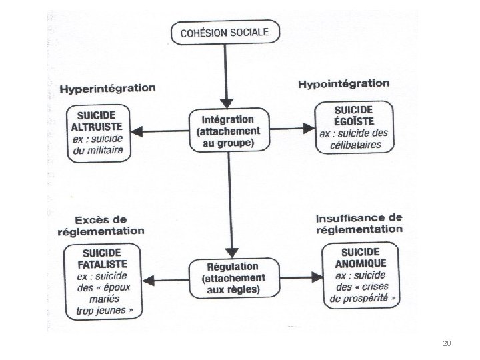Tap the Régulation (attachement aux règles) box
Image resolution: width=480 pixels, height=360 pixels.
pos(228,276)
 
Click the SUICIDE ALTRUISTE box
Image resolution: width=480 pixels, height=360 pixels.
pos(98,133)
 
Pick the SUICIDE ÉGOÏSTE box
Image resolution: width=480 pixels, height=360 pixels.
pos(354,129)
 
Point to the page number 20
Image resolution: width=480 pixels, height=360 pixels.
pos(447,343)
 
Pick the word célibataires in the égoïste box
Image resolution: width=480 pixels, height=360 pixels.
pos(354,145)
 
